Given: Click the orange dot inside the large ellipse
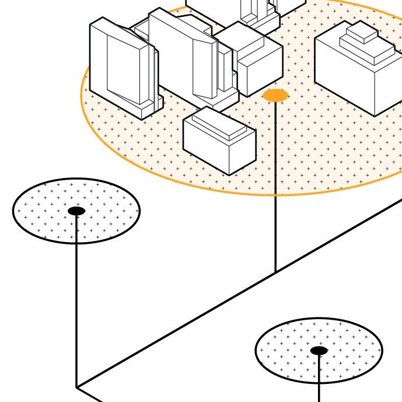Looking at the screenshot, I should tap(275, 95).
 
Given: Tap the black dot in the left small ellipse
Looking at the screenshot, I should tap(76, 211).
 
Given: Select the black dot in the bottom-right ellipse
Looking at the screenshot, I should tap(319, 351).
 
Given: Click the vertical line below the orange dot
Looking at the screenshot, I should tap(275, 187).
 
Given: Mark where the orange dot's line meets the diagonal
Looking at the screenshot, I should tap(275, 272).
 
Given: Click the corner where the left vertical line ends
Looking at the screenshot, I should tap(76, 387).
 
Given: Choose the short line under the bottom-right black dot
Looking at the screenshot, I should tap(319, 379).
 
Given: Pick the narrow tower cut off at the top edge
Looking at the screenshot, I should tap(257, 9).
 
